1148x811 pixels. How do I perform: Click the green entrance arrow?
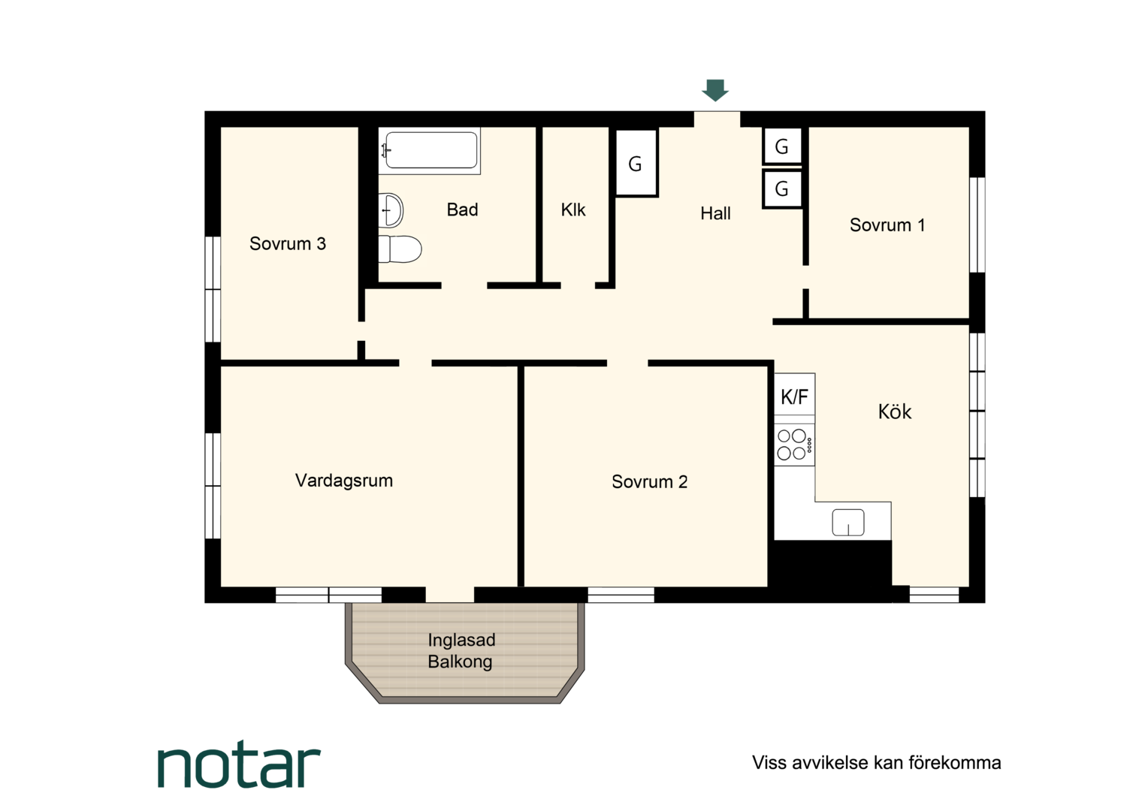[x=715, y=90]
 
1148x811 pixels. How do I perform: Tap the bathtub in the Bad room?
[x=430, y=150]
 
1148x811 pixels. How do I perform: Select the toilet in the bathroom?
[x=400, y=249]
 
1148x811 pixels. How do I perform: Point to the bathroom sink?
[x=391, y=210]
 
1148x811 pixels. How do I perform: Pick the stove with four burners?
[x=794, y=445]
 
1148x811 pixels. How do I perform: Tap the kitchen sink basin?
[x=848, y=523]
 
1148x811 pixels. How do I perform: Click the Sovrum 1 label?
[x=887, y=225]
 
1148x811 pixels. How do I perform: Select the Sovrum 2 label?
[x=649, y=481]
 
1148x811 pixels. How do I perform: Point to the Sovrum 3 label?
[x=288, y=243]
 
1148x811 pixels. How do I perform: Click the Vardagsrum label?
[x=344, y=481]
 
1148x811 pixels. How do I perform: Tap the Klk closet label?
[x=573, y=210]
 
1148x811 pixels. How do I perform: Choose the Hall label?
[x=715, y=213]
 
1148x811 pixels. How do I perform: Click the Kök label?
[x=895, y=412]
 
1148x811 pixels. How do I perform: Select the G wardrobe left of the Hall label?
[x=636, y=163]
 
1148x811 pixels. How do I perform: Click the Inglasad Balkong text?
[x=461, y=650]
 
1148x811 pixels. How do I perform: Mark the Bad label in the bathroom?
[x=462, y=210]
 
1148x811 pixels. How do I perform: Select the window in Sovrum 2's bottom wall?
[x=621, y=595]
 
